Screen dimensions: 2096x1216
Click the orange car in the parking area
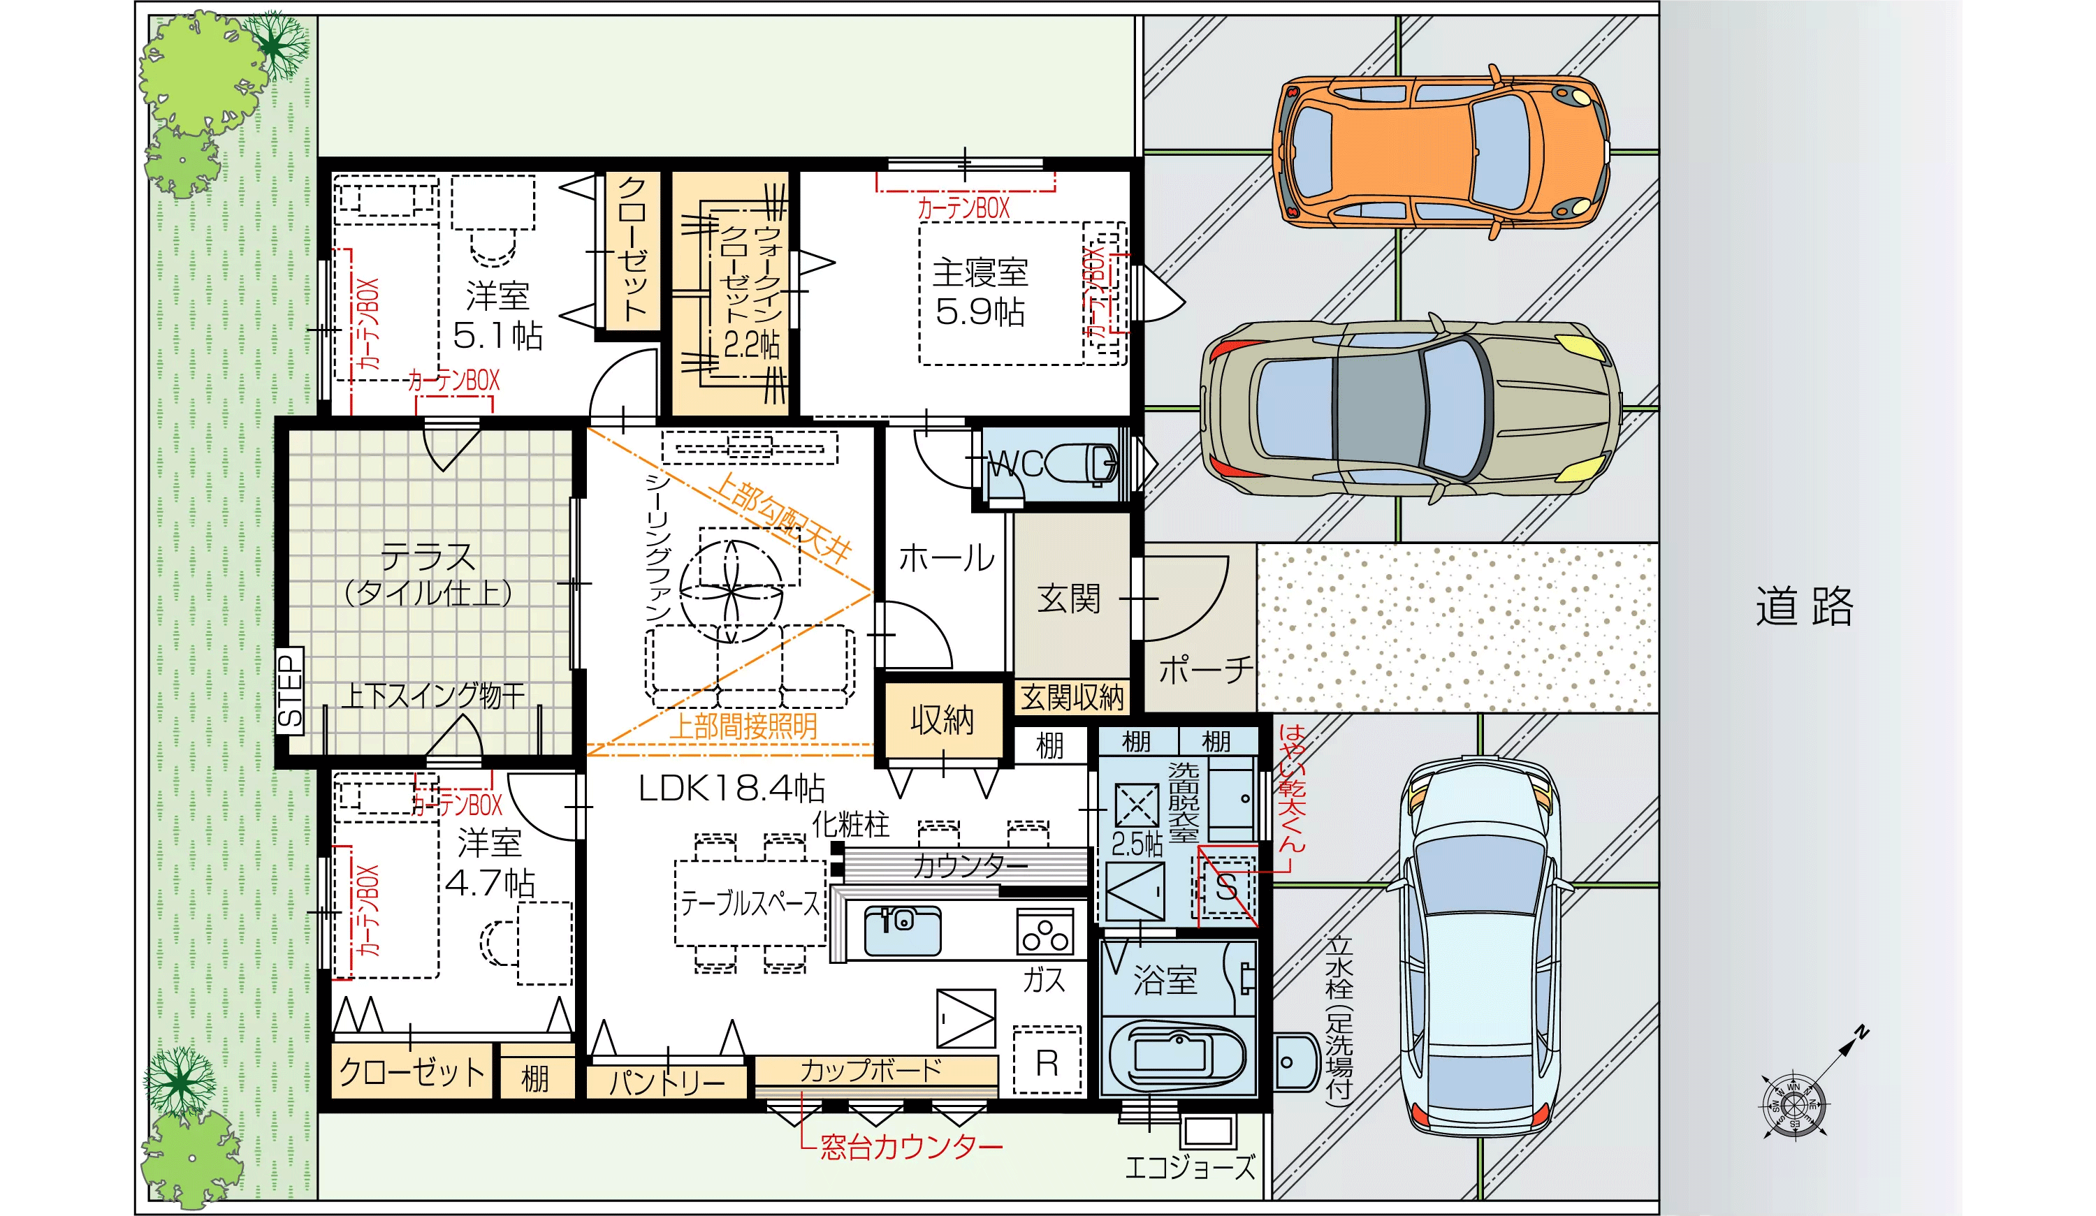[1441, 152]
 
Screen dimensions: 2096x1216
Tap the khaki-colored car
[1410, 409]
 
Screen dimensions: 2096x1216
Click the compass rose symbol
[1794, 1104]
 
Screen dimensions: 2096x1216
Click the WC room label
[1016, 463]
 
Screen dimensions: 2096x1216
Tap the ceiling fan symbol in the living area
[731, 590]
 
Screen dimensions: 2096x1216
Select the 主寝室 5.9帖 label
[980, 293]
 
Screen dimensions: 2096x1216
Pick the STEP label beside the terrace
[290, 690]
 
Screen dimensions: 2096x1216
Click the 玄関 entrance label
[1069, 598]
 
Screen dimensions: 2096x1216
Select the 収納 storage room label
[942, 720]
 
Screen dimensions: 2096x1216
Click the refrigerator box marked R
[1047, 1060]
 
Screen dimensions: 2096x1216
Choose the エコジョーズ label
[1189, 1167]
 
